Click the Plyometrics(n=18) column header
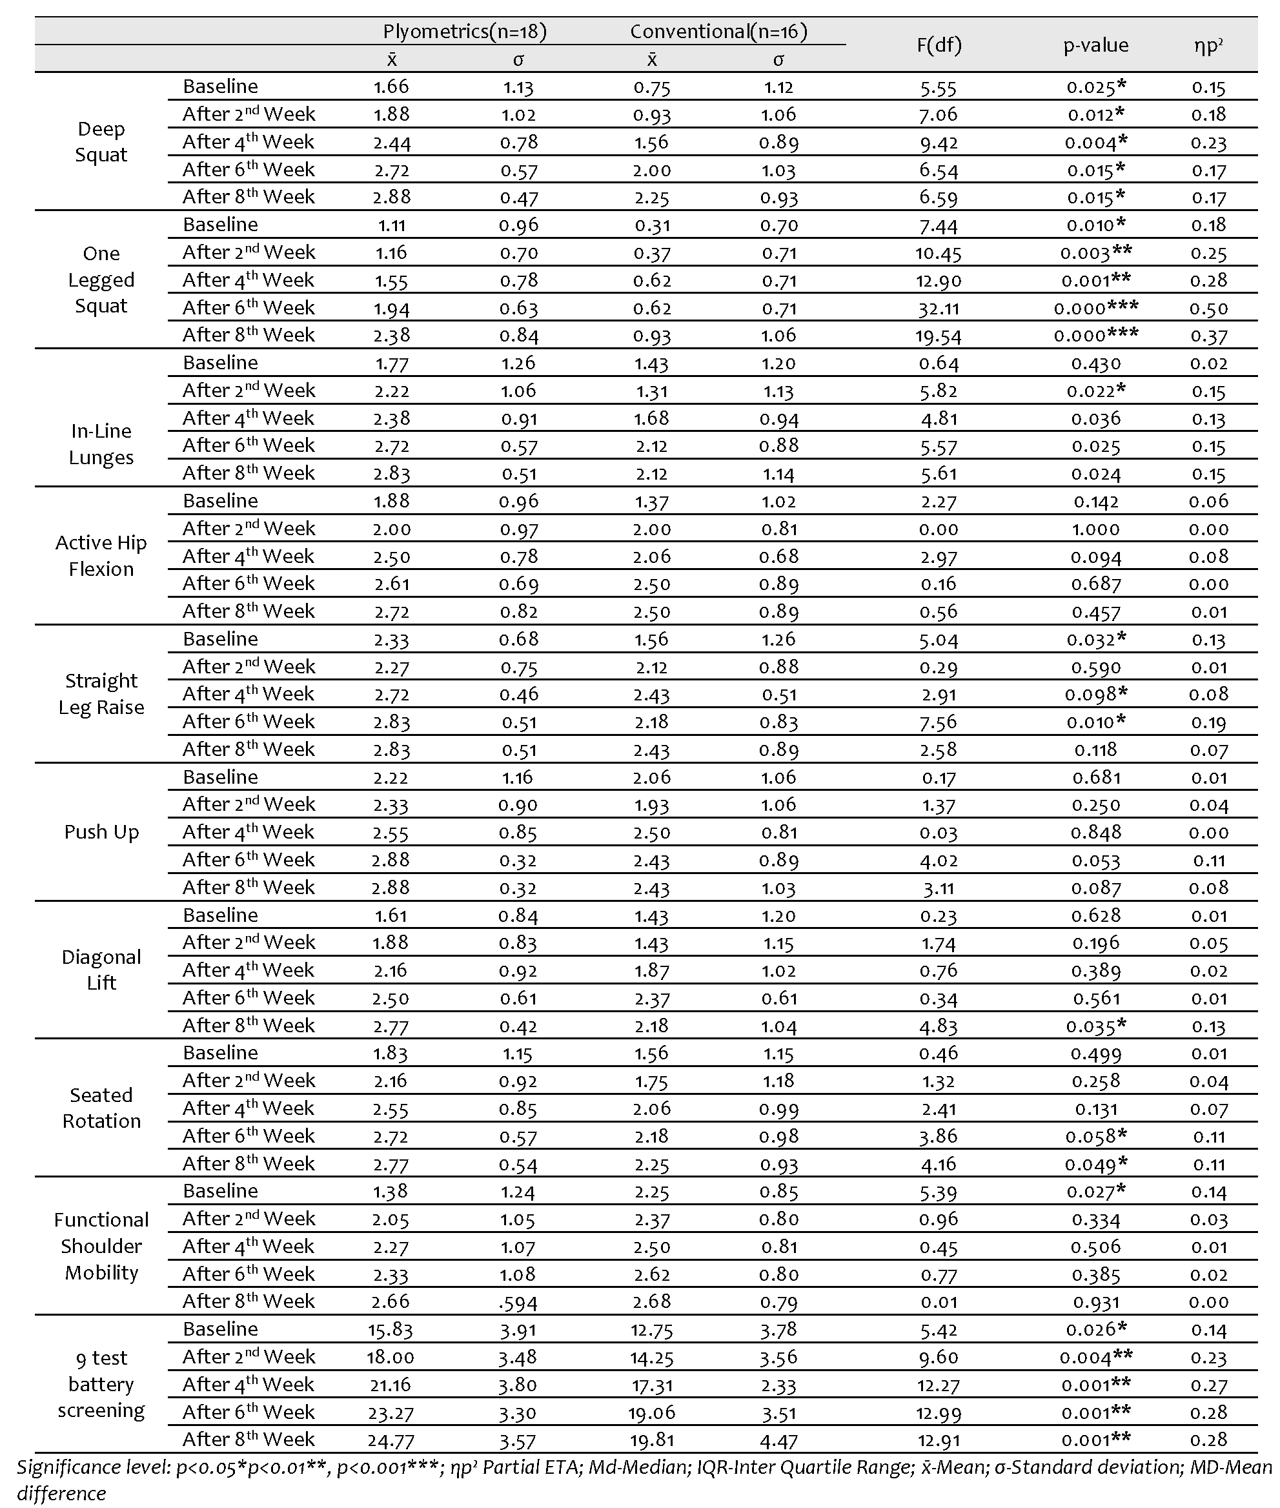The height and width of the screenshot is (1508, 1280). (464, 31)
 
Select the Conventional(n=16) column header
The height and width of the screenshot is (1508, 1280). (718, 31)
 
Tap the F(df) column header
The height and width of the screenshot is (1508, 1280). (939, 45)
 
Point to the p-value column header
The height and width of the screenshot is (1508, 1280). (1095, 45)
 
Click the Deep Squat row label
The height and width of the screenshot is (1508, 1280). (101, 141)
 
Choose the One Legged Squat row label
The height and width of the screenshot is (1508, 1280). (101, 280)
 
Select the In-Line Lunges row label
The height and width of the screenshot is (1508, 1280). (101, 444)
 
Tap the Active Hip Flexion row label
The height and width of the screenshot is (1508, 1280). (101, 556)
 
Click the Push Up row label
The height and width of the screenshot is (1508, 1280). (101, 831)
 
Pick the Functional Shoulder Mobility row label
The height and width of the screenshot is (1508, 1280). (101, 1246)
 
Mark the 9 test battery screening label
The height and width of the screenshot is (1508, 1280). (101, 1384)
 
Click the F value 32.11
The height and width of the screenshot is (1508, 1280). (939, 309)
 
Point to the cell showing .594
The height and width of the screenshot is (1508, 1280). (518, 1303)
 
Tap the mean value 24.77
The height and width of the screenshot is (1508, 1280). (391, 1440)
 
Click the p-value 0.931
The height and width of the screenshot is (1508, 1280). (1095, 1302)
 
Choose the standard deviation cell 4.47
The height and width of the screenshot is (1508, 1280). (778, 1440)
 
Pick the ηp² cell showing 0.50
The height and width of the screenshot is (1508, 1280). (1208, 309)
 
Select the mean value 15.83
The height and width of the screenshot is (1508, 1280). (391, 1329)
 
